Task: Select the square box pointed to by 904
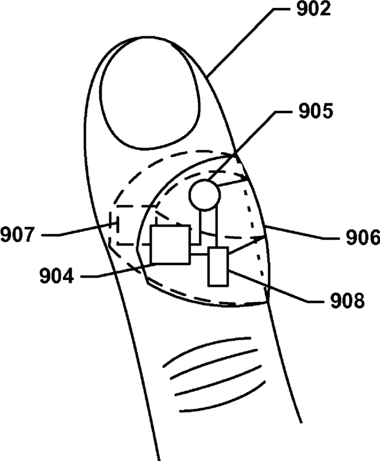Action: click(170, 244)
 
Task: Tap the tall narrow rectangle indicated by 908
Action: click(218, 266)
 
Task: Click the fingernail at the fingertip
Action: click(148, 93)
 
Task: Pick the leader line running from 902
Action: click(243, 43)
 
